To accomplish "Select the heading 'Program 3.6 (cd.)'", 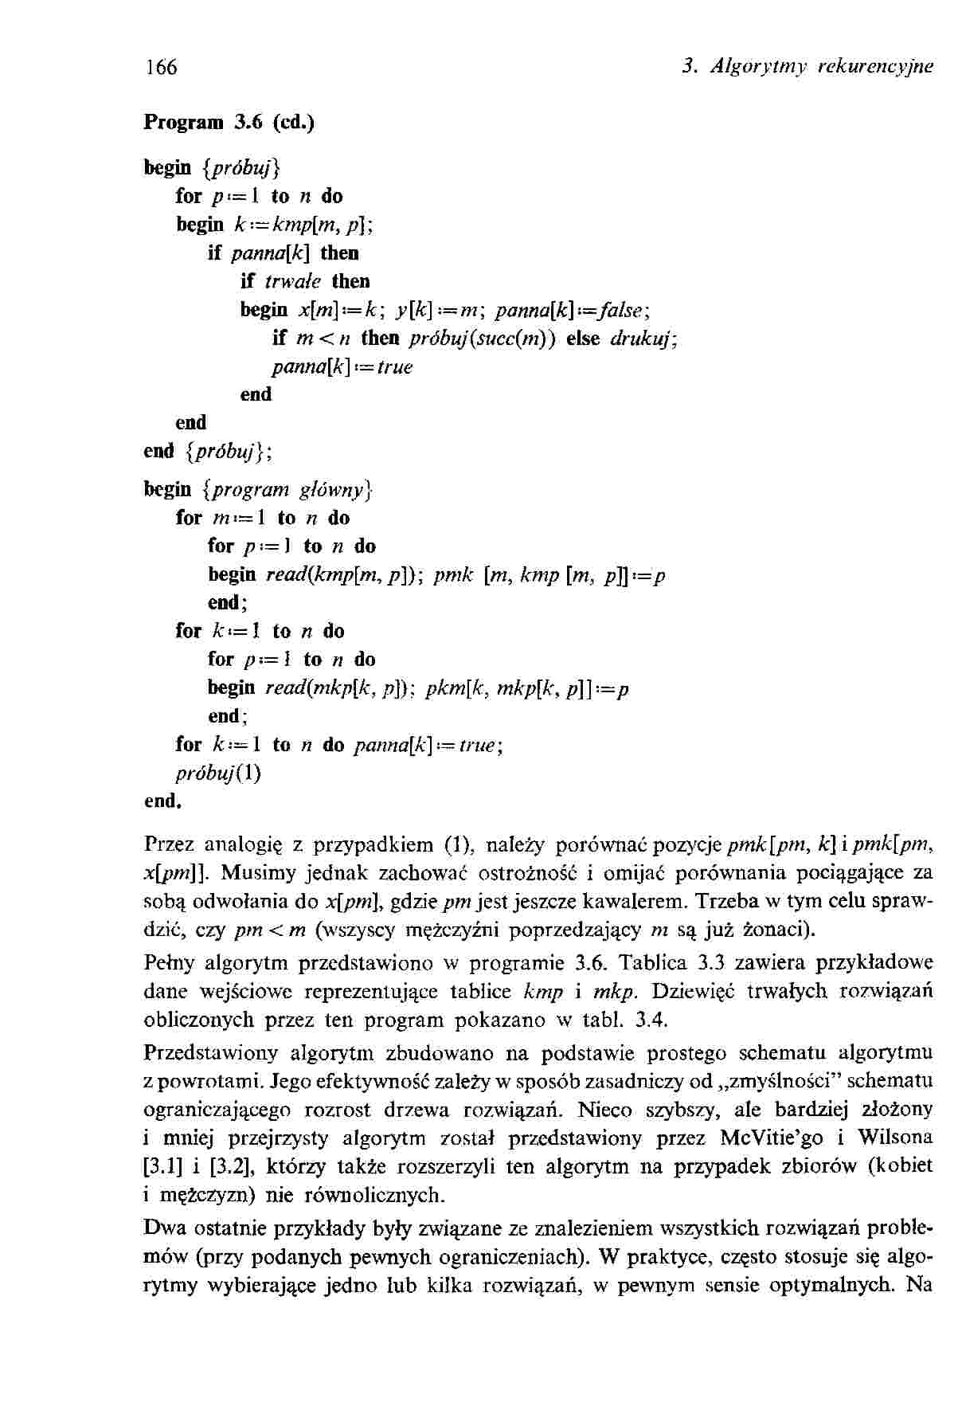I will pyautogui.click(x=229, y=123).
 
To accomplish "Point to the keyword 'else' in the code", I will pyautogui.click(x=585, y=338).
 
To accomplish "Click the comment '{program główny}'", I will pyautogui.click(x=287, y=488).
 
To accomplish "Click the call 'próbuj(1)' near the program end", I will pyautogui.click(x=217, y=773).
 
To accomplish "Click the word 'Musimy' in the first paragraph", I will pyautogui.click(x=252, y=873).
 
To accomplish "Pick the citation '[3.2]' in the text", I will pyautogui.click(x=231, y=1166).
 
